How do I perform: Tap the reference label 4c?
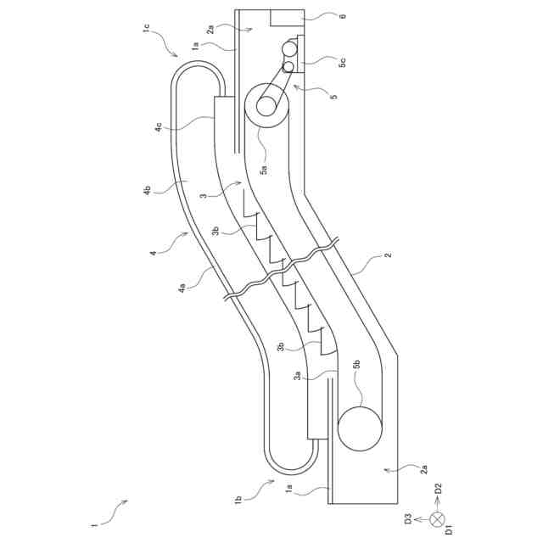coord(159,127)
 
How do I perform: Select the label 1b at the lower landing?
coord(238,499)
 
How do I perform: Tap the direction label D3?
coord(408,518)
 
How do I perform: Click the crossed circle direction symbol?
coord(437,518)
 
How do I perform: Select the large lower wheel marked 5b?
coord(360,428)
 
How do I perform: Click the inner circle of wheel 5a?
coord(266,106)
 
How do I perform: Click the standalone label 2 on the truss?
coord(387,255)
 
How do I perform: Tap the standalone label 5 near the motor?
coord(333,97)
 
